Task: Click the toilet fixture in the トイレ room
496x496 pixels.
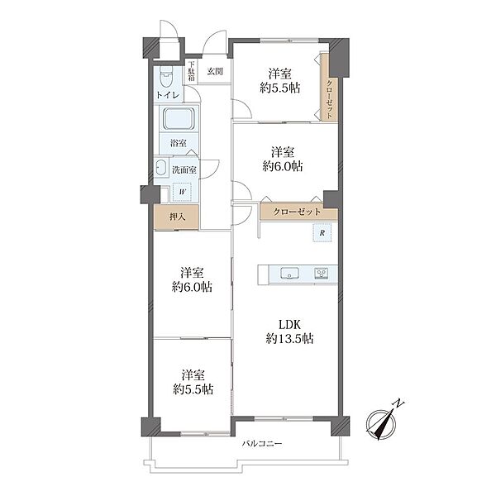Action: [166, 77]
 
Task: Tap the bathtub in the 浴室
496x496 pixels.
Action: [179, 118]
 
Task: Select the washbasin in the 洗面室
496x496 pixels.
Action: [161, 167]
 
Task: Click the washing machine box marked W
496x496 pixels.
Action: [182, 192]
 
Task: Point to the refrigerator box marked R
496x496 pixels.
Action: [322, 233]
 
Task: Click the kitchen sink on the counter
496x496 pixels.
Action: [290, 274]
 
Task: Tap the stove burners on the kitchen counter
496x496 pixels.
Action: [321, 274]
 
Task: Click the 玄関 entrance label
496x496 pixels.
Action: [215, 71]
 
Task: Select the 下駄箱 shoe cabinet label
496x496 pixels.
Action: [192, 71]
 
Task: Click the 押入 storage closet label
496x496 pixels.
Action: [177, 217]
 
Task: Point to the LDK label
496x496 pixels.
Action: [289, 325]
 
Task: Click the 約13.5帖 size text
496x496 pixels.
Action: [289, 339]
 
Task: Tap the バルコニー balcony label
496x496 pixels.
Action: [262, 443]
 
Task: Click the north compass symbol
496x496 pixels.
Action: [380, 425]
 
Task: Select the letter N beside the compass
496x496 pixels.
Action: [398, 403]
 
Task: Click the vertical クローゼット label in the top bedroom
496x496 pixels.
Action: [329, 99]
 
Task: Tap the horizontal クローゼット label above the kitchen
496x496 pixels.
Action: [297, 212]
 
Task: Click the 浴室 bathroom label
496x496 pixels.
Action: [179, 143]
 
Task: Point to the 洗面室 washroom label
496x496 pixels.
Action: [184, 169]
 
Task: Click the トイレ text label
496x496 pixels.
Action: [168, 95]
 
